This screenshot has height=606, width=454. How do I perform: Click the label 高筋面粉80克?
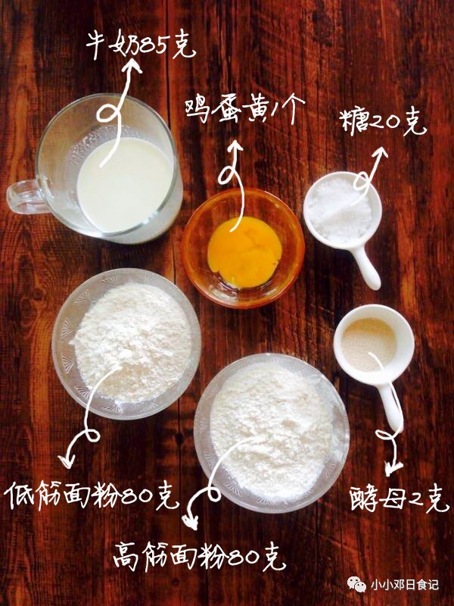[200, 557]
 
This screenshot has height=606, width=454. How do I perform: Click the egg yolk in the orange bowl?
[244, 251]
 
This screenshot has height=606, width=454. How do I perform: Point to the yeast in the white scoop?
[369, 344]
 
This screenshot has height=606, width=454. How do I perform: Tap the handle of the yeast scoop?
[390, 405]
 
